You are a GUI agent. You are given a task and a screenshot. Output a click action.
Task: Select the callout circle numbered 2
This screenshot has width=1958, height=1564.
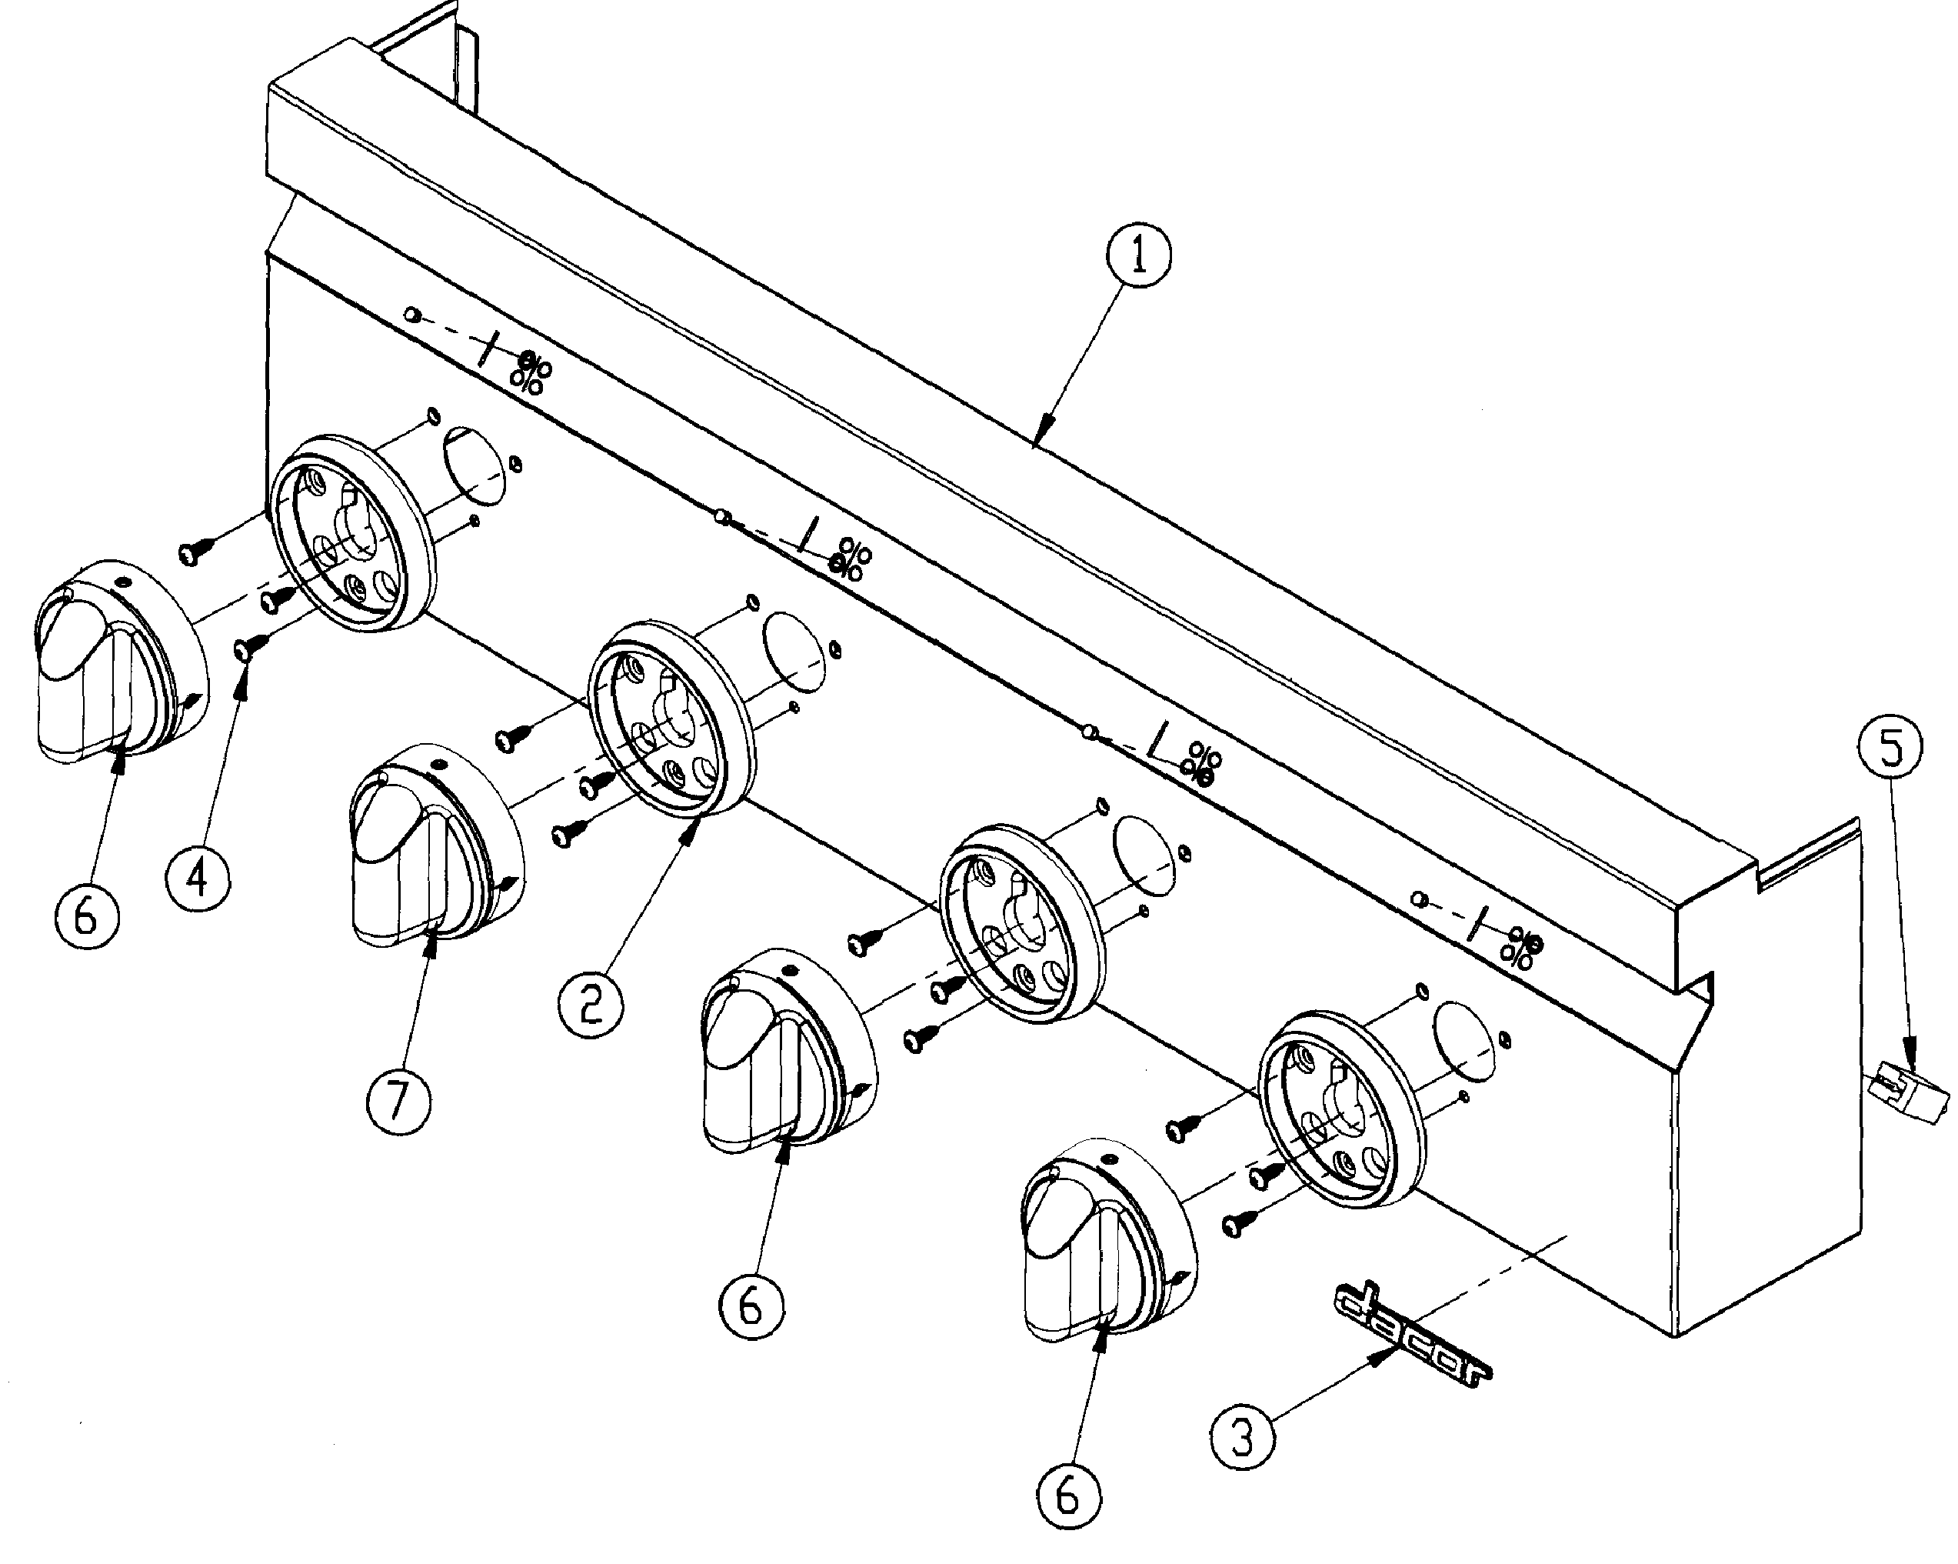click(x=591, y=1002)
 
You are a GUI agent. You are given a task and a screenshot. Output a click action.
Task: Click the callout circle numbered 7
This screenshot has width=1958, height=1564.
click(x=398, y=1102)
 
